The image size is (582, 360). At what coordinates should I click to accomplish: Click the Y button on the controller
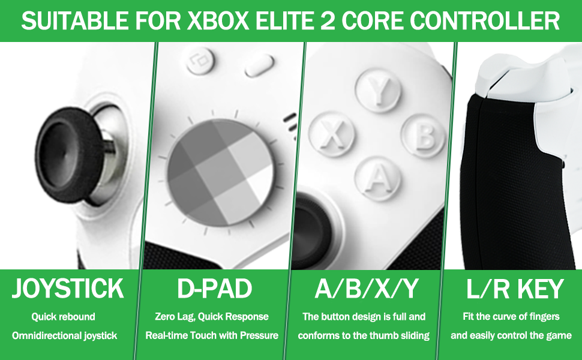pos(378,90)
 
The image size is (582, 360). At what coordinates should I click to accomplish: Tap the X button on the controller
pos(331,134)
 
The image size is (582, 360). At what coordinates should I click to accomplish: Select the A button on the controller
pos(378,179)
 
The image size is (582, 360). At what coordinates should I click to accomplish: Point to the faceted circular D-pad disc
pos(220,172)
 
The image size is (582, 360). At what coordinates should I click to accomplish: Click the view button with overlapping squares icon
pos(200,60)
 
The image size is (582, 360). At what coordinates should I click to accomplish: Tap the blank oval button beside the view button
pos(259,65)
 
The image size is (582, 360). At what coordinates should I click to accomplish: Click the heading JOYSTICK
pos(68,289)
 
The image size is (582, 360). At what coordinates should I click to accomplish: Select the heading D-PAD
pos(215,289)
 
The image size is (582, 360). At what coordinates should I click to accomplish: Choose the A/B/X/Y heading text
pos(367,289)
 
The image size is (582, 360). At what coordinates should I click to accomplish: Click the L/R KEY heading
pos(515,289)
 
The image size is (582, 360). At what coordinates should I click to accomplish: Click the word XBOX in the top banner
pos(218,20)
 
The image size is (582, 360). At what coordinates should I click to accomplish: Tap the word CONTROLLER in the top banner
pos(485,20)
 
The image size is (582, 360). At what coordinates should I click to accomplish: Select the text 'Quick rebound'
pos(64,317)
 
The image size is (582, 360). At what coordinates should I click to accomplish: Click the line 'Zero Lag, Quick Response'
pos(212,317)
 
